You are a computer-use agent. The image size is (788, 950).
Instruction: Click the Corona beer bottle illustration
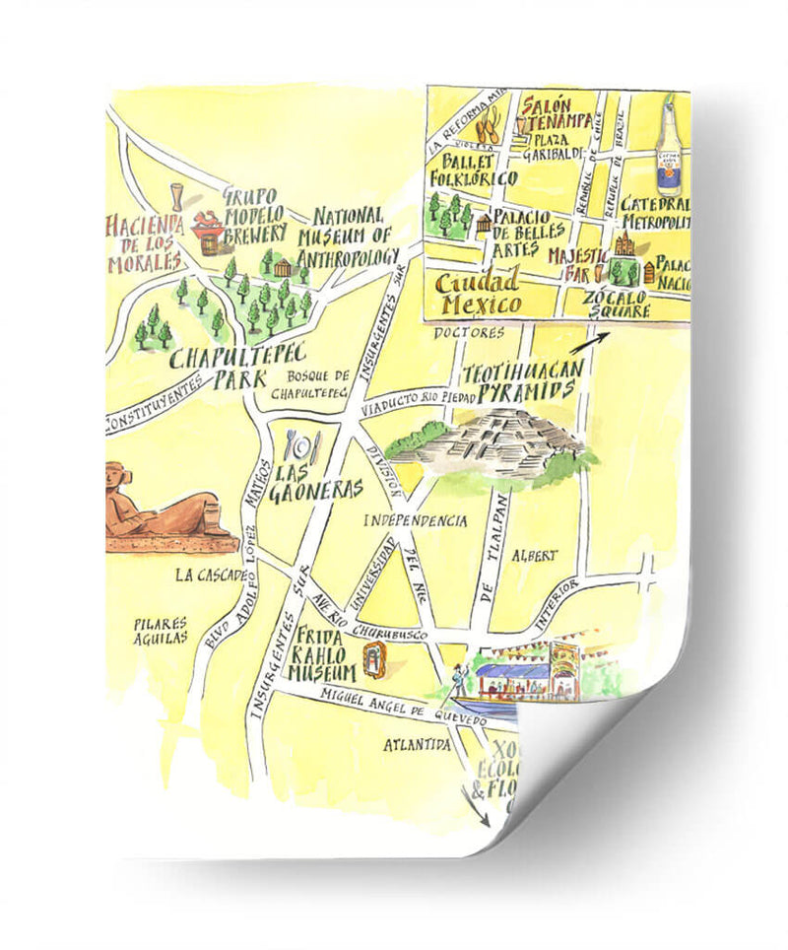pos(672,148)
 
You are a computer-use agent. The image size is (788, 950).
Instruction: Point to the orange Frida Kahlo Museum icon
pos(374,659)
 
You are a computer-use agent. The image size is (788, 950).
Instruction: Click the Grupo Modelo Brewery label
pos(253,216)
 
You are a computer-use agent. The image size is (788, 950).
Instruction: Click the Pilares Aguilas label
pos(162,632)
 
